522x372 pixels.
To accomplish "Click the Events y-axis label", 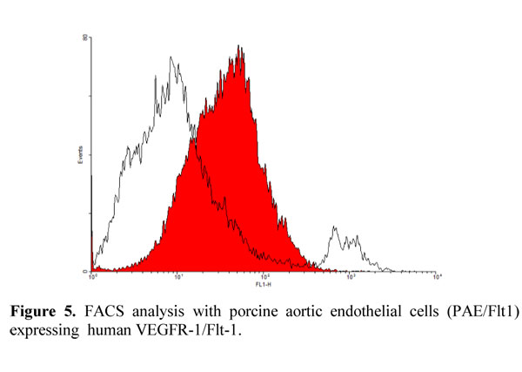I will coord(80,157).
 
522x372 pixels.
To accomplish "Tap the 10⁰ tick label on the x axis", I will coord(92,277).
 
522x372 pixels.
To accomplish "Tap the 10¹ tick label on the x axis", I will coord(178,277).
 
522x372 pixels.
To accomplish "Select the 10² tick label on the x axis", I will coord(264,277).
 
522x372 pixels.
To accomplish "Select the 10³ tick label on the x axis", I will coord(351,277).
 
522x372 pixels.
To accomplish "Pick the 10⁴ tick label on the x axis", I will coord(437,277).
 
